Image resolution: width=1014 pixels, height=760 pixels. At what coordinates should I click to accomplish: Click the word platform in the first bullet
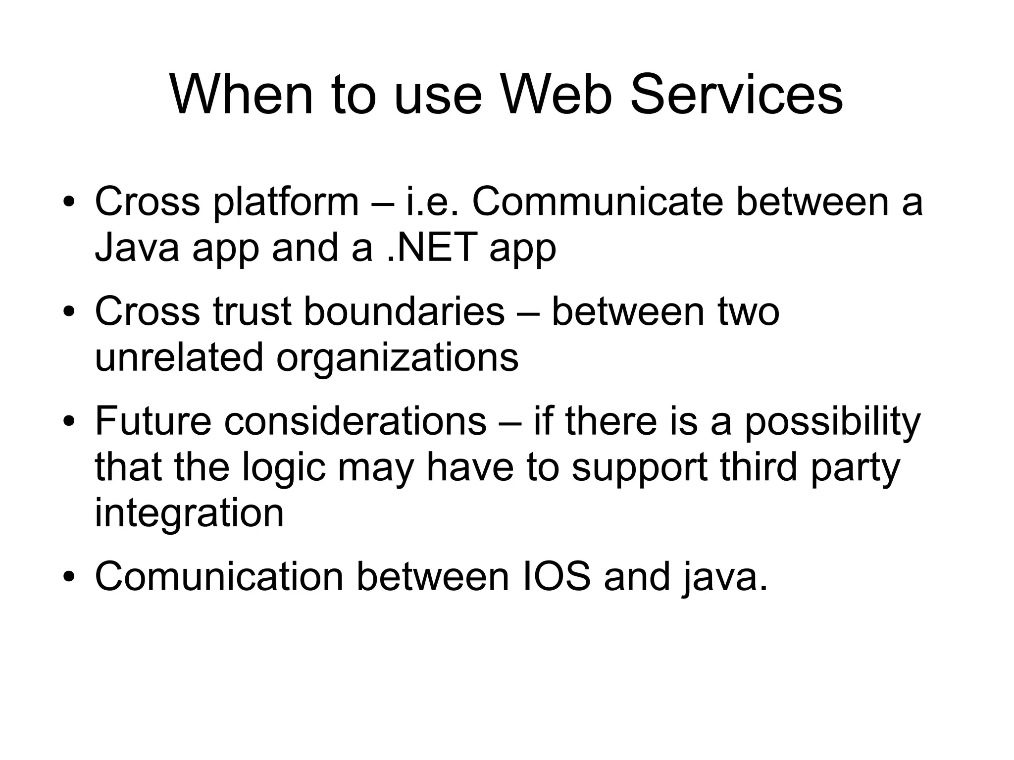(x=286, y=203)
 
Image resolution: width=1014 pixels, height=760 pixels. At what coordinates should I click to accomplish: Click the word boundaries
(x=404, y=311)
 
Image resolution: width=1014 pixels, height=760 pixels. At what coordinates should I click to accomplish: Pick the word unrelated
(x=179, y=357)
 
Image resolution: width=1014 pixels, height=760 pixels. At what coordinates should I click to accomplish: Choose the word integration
(x=189, y=514)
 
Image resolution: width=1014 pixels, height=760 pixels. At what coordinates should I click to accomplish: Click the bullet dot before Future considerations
(x=69, y=422)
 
